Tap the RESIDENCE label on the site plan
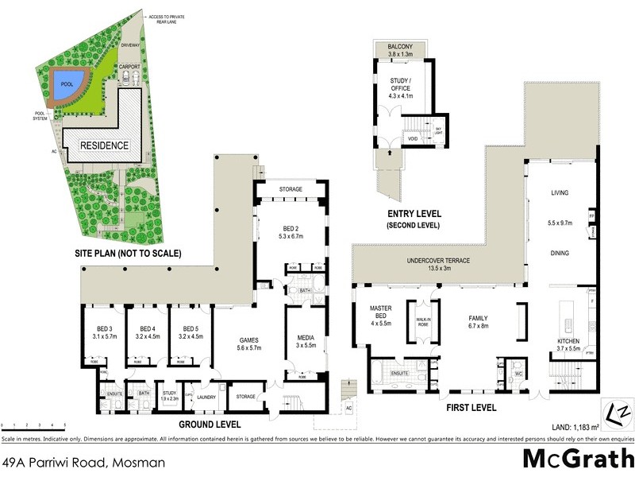(x=103, y=145)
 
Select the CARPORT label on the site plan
(x=129, y=67)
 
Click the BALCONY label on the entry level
(x=400, y=48)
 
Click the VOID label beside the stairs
(x=413, y=138)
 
